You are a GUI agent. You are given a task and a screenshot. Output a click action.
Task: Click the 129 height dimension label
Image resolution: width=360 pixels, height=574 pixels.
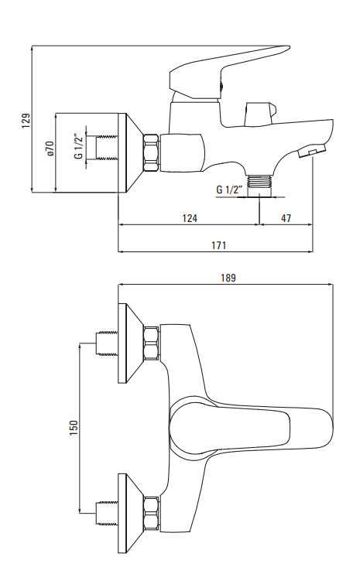click(26, 121)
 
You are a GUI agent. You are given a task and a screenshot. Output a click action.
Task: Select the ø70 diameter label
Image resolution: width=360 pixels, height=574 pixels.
click(50, 149)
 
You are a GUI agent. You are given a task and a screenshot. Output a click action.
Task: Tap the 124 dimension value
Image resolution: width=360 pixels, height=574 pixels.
click(190, 218)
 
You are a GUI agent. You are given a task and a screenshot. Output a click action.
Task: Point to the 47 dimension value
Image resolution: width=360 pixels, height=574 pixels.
click(286, 218)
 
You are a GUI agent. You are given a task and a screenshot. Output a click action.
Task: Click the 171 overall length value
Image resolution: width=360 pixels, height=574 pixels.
click(218, 245)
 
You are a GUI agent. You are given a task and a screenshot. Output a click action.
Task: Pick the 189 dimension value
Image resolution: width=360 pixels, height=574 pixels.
click(228, 278)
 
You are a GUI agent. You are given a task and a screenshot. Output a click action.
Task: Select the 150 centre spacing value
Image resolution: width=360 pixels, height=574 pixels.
click(74, 428)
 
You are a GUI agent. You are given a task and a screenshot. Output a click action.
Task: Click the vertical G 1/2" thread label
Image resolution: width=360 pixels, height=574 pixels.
click(78, 146)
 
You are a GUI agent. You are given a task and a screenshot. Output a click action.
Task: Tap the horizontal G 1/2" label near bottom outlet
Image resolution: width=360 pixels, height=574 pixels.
click(230, 190)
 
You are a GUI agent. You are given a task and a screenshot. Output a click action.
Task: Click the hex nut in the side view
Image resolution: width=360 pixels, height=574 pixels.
click(150, 152)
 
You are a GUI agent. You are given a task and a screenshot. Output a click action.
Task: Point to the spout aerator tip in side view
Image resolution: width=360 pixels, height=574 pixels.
click(312, 151)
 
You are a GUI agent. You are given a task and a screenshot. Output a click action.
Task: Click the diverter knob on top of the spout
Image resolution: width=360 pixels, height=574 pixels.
click(260, 114)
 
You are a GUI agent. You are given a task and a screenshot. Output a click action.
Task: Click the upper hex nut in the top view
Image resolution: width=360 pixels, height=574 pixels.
click(151, 343)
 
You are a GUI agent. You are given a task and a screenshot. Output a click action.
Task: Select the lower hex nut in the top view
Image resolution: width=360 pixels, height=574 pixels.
click(151, 514)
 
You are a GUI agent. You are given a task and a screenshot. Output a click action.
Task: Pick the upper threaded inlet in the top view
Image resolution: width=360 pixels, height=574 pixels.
click(107, 343)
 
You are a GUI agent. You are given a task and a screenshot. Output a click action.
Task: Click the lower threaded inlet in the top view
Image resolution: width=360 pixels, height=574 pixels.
click(107, 514)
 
